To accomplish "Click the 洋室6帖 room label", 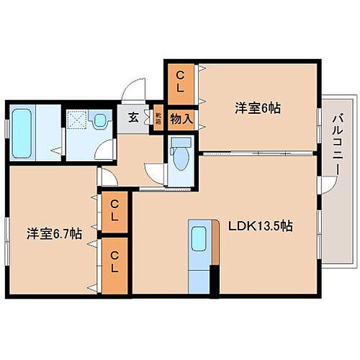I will coord(257,109).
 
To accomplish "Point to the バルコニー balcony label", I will coord(336,144).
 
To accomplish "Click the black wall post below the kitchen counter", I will coord(213,281).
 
